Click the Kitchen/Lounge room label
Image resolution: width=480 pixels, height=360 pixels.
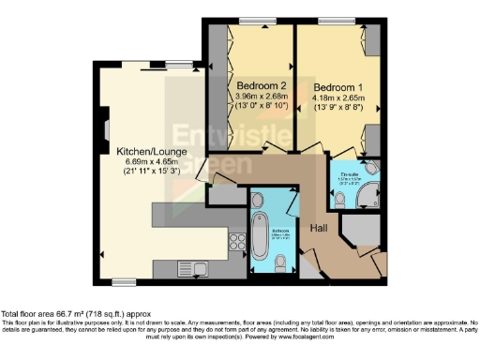[x=142, y=151]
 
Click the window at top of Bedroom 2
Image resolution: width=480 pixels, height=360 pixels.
[x=250, y=21]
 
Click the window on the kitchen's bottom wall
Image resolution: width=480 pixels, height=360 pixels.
[x=123, y=282]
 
